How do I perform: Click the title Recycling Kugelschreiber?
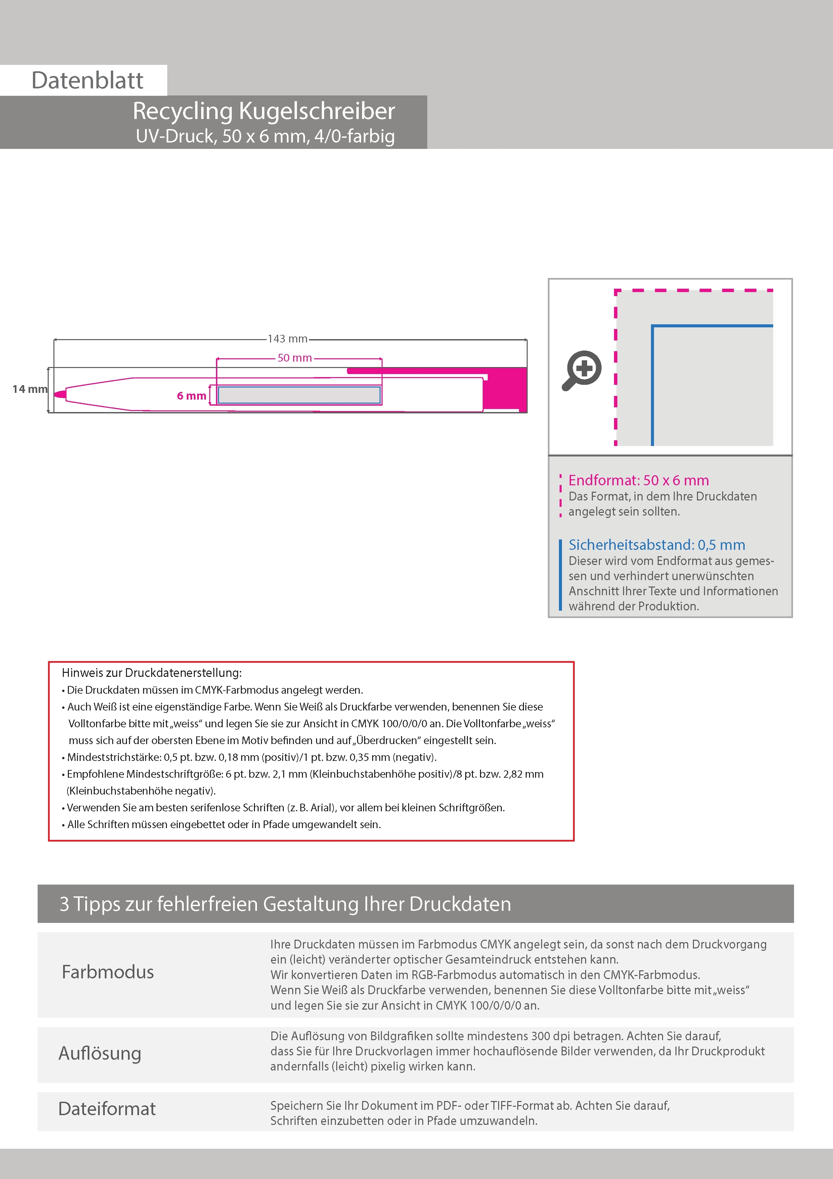pyautogui.click(x=264, y=111)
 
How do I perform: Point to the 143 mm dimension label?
pyautogui.click(x=288, y=339)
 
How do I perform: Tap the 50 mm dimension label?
pyautogui.click(x=295, y=358)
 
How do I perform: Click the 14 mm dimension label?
pyautogui.click(x=29, y=389)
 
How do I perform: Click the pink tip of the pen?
pyautogui.click(x=60, y=394)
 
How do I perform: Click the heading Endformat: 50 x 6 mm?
pyautogui.click(x=639, y=480)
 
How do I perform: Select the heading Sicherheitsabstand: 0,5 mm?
pyautogui.click(x=656, y=545)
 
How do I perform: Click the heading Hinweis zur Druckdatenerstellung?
pyautogui.click(x=151, y=673)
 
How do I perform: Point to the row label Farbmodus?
pyautogui.click(x=108, y=972)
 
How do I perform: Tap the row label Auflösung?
pyautogui.click(x=100, y=1053)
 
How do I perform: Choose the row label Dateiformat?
pyautogui.click(x=107, y=1109)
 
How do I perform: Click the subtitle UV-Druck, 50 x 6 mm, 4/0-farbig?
pyautogui.click(x=265, y=136)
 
